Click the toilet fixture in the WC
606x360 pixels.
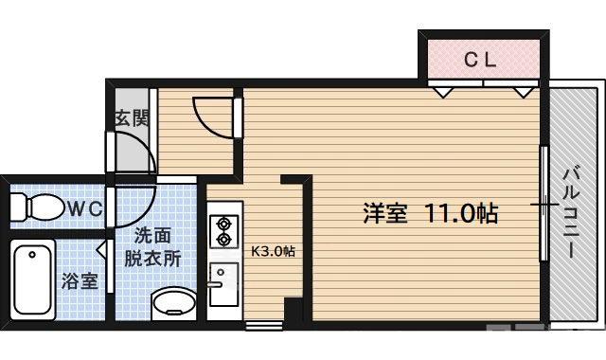(x=40, y=206)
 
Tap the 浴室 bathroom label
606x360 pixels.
(x=79, y=281)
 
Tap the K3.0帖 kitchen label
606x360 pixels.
(x=273, y=252)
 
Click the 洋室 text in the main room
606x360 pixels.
(x=385, y=212)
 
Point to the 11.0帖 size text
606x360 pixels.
(x=461, y=212)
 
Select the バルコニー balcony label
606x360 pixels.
(x=571, y=213)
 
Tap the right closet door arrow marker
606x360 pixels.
(x=522, y=93)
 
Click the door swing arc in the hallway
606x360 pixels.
(x=208, y=118)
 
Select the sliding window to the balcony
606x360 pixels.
(x=544, y=204)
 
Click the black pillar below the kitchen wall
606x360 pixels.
(x=294, y=310)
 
